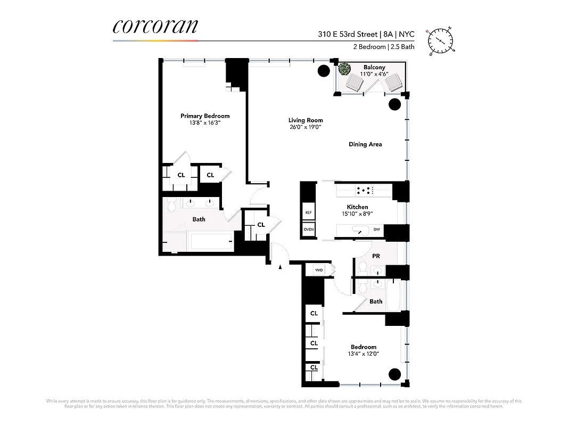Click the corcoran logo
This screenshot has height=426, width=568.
pyautogui.click(x=155, y=27)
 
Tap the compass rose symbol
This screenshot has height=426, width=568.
pyautogui.click(x=441, y=41)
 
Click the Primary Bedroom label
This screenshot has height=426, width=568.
pyautogui.click(x=205, y=116)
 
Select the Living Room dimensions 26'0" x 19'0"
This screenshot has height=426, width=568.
pyautogui.click(x=306, y=127)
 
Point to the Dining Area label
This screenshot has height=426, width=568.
pyautogui.click(x=365, y=144)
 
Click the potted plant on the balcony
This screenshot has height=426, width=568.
pyautogui.click(x=344, y=69)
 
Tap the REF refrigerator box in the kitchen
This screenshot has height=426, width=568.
pyautogui.click(x=308, y=212)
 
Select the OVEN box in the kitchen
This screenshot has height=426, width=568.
pyautogui.click(x=308, y=230)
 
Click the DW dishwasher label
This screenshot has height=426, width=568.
pyautogui.click(x=376, y=230)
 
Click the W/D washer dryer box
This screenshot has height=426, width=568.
pyautogui.click(x=319, y=270)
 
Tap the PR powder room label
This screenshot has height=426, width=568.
pyautogui.click(x=376, y=256)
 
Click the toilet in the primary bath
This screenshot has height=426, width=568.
pyautogui.click(x=171, y=204)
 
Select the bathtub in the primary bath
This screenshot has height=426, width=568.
pyautogui.click(x=211, y=242)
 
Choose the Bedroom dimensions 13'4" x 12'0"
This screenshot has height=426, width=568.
pyautogui.click(x=364, y=354)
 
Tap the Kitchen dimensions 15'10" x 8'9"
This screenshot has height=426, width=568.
pyautogui.click(x=357, y=214)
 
